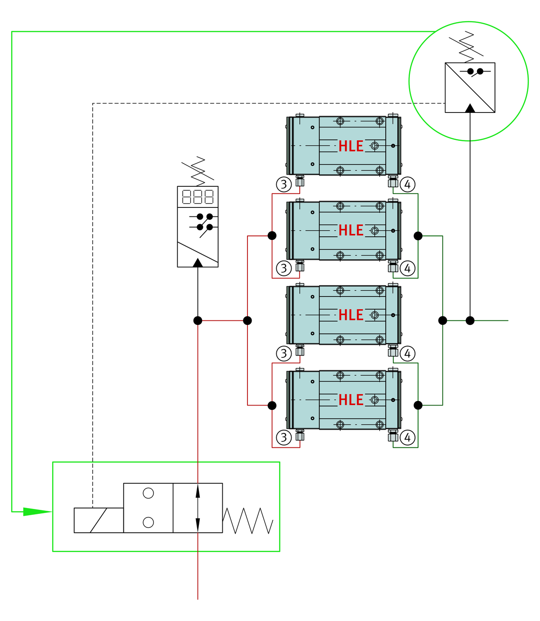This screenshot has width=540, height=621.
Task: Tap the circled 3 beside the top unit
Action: pos(283,184)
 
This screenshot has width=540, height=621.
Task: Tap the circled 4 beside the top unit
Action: pos(407,184)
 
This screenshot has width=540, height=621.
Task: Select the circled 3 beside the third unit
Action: pos(283,353)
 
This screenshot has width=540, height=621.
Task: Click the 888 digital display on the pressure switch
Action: pos(198,196)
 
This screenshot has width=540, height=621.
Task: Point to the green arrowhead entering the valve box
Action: pos(37,512)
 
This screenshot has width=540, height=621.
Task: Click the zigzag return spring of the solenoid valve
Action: pos(247,520)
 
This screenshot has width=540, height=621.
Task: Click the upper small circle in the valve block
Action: pos(148,493)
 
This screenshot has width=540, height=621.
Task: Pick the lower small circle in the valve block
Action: pos(148,522)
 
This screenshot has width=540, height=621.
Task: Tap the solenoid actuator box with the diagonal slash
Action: pos(99,520)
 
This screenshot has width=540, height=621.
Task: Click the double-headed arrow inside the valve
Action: pos(198,508)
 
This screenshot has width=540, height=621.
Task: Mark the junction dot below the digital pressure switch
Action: pos(198,320)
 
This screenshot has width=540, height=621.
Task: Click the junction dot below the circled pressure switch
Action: pos(470,320)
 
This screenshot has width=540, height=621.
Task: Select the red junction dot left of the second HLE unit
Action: pos(272,235)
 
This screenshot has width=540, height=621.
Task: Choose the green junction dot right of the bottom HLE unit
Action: pos(418,405)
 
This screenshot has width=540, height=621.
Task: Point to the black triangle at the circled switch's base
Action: pos(470,108)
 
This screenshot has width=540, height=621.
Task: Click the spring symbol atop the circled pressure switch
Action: pos(466,47)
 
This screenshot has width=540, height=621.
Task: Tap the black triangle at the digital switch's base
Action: pos(198,262)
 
